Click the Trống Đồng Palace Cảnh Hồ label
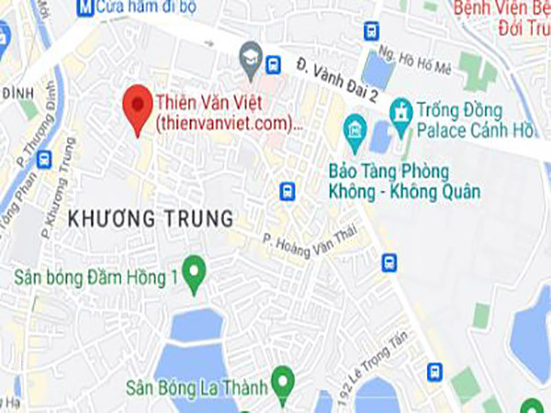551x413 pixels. click(474, 119)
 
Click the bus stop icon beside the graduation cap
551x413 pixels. click(273, 65)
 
